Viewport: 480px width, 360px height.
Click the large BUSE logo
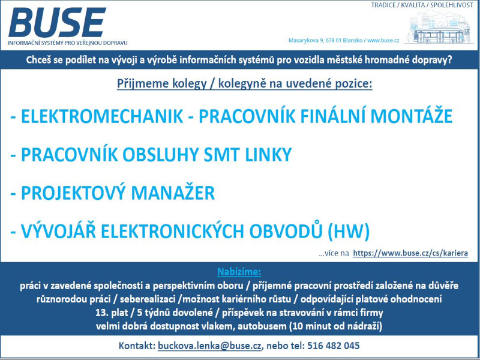click(x=57, y=22)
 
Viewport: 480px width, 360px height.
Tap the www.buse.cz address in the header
click(x=383, y=40)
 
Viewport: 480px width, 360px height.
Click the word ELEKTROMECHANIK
click(x=102, y=116)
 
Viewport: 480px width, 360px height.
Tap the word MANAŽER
click(x=173, y=193)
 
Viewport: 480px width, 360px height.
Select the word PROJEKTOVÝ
click(x=73, y=193)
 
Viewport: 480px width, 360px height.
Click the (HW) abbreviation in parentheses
click(x=349, y=231)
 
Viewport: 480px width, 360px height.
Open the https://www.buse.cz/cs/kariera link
click(x=410, y=253)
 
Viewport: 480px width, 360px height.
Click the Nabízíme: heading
click(x=239, y=272)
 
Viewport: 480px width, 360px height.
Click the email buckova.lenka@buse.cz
click(x=209, y=346)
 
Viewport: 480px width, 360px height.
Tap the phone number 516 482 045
click(x=334, y=346)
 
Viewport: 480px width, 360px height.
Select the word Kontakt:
click(x=137, y=346)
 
